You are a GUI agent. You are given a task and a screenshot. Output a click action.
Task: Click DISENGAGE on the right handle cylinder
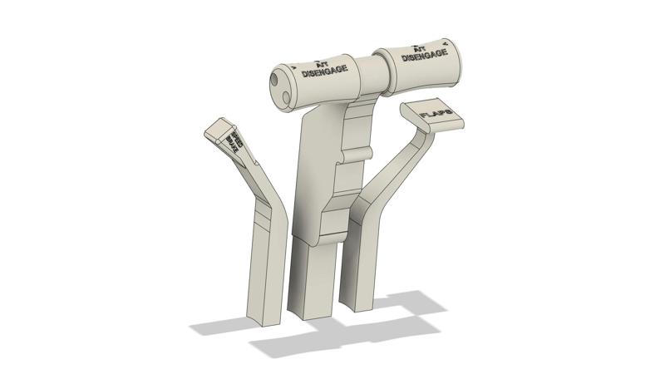(420, 57)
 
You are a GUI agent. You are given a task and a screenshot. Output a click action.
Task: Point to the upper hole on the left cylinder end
(275, 81)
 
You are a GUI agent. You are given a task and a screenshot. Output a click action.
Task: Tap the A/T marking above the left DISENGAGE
(323, 62)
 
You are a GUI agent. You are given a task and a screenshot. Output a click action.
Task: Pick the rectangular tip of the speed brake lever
(218, 127)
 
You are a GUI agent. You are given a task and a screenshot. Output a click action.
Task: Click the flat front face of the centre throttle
(316, 175)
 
